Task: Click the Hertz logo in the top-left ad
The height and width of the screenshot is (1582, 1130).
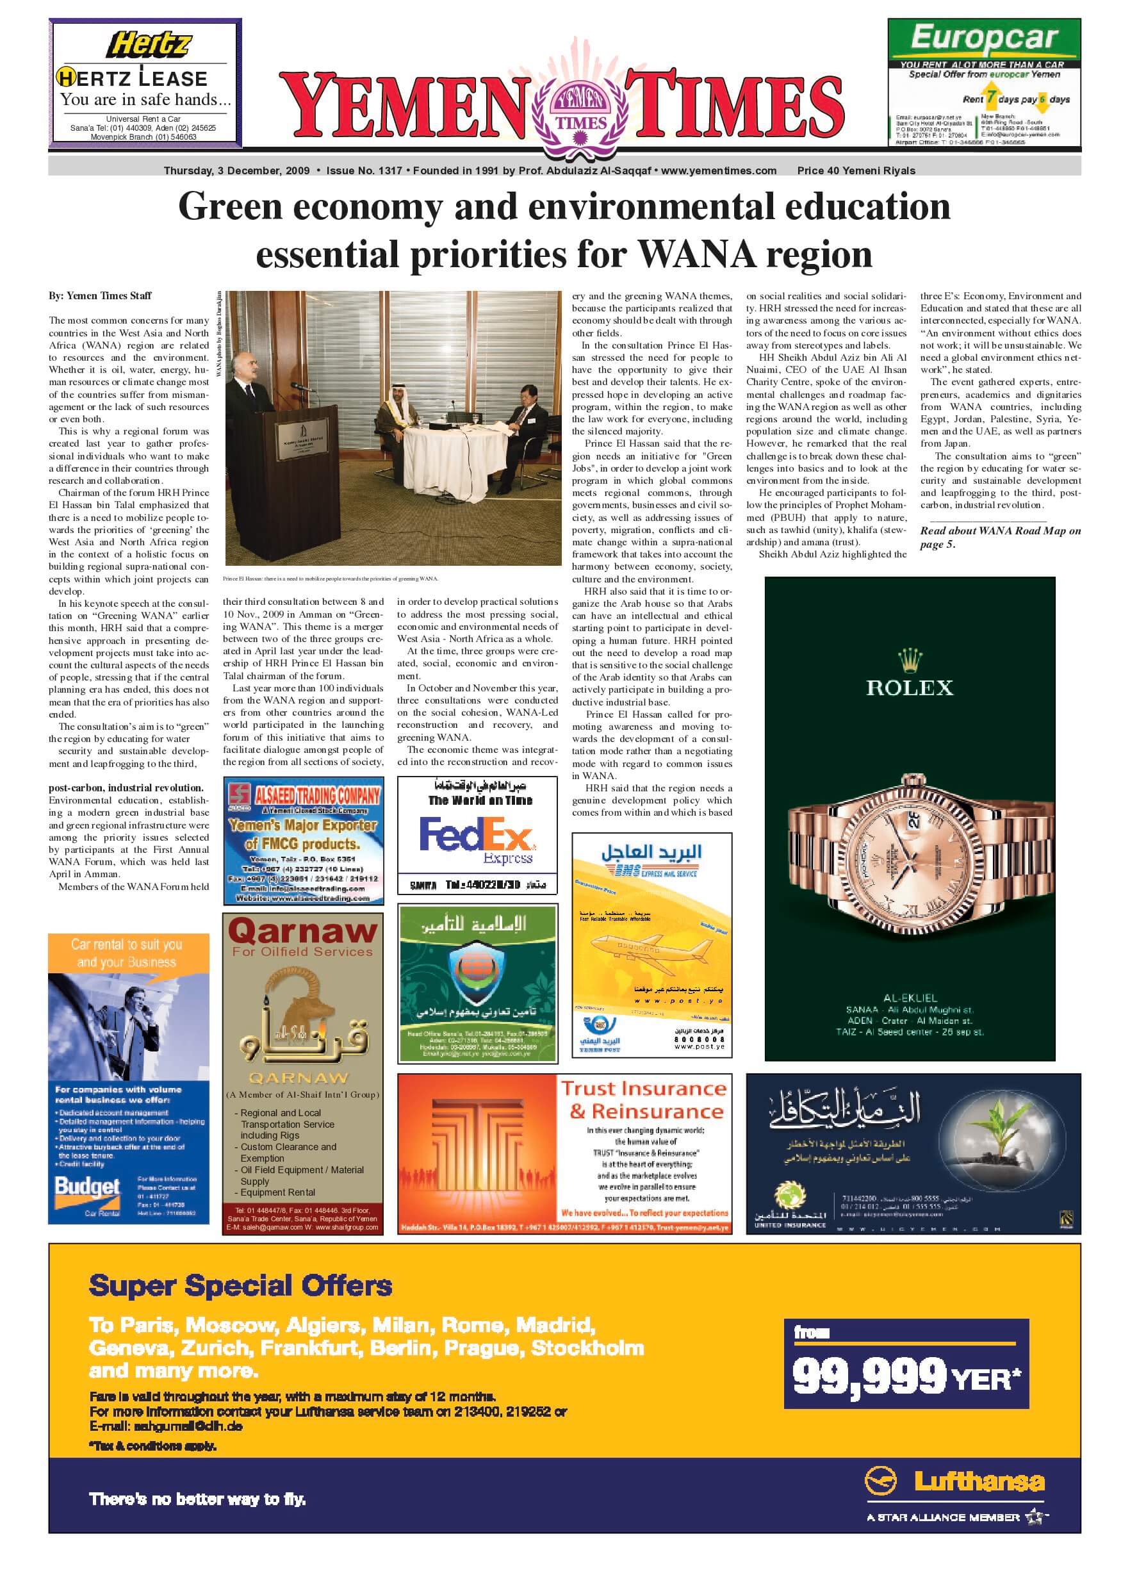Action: [148, 45]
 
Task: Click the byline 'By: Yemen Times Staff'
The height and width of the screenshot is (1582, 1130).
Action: [100, 296]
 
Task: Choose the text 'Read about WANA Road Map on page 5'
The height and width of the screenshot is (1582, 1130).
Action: [1000, 538]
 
